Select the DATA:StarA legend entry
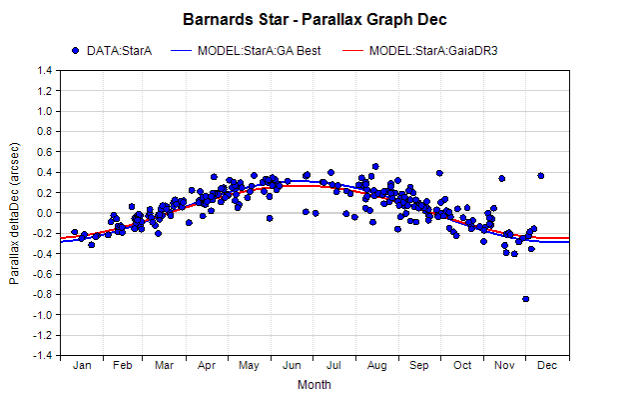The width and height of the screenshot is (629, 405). (112, 51)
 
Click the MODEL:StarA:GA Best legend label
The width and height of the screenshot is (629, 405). (259, 51)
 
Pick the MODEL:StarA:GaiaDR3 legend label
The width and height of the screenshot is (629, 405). (433, 51)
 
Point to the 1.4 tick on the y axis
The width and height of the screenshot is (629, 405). (45, 71)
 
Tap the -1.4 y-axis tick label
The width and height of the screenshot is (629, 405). (43, 356)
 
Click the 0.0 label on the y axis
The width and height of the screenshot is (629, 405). (45, 213)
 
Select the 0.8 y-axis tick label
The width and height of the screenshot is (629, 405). (45, 131)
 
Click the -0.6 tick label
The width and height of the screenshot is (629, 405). (43, 274)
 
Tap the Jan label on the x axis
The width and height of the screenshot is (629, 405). (82, 365)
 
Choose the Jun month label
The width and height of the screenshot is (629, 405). (292, 365)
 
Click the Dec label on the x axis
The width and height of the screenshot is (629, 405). (547, 365)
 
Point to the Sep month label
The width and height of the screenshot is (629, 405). (419, 365)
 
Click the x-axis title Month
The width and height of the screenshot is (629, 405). (314, 385)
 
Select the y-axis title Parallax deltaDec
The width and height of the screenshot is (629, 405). (14, 213)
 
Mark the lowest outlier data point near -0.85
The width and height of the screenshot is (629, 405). (525, 299)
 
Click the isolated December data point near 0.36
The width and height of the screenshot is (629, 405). (541, 176)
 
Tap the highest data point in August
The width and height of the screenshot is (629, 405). (375, 166)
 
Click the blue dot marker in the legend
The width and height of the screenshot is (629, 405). (76, 51)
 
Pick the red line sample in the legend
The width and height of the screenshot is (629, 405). (353, 51)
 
